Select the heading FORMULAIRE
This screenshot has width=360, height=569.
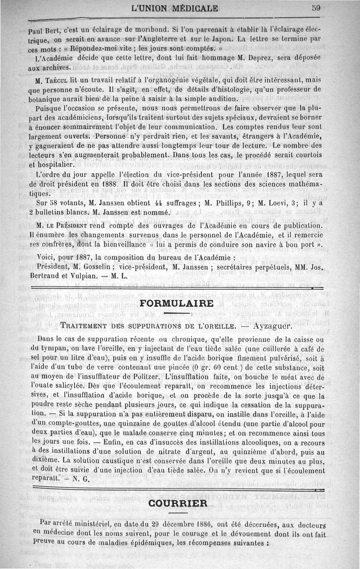point(177,303)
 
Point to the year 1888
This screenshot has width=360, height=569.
point(108,184)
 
